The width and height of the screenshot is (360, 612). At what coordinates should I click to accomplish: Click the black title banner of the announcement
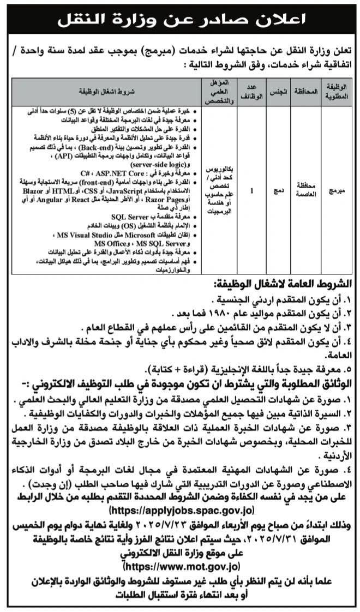tap(179, 22)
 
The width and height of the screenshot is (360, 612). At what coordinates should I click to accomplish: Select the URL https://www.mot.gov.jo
tap(179, 567)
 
